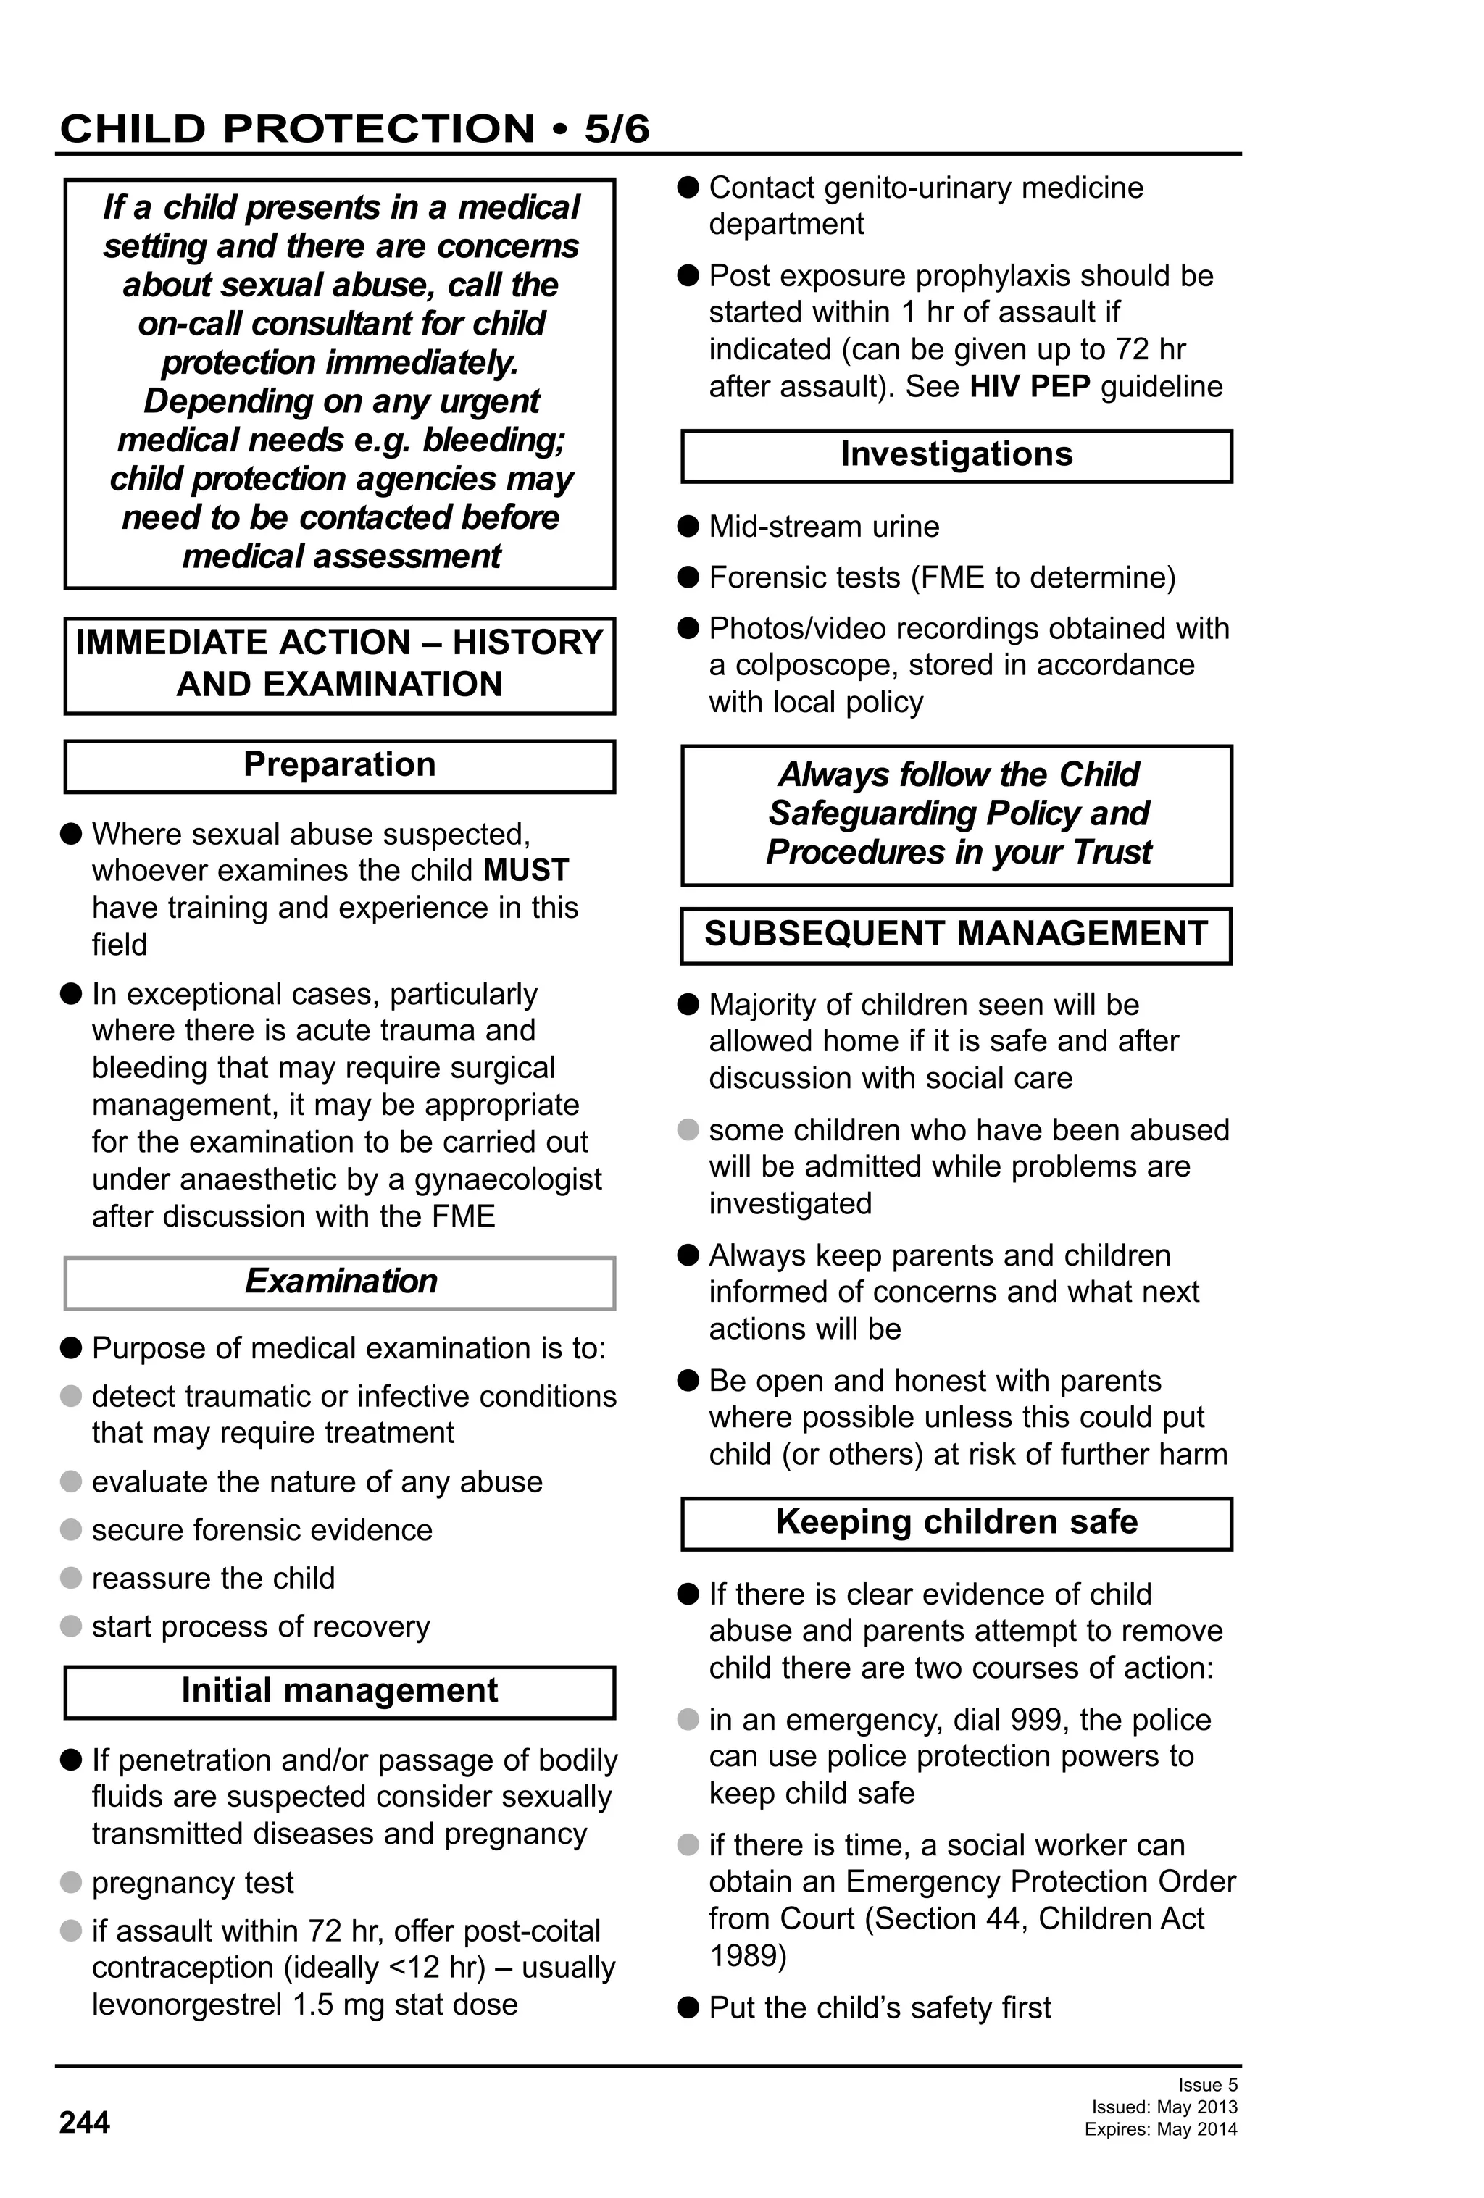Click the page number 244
(x=84, y=2123)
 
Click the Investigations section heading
(x=956, y=455)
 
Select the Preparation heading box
(x=340, y=765)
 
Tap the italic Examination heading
(x=341, y=1282)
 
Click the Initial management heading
(x=340, y=1691)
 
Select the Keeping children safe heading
(x=956, y=1522)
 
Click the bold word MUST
(x=526, y=870)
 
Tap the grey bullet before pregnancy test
(x=71, y=1882)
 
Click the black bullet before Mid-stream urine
(x=688, y=526)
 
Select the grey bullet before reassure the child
(x=71, y=1578)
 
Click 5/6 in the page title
(x=617, y=129)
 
